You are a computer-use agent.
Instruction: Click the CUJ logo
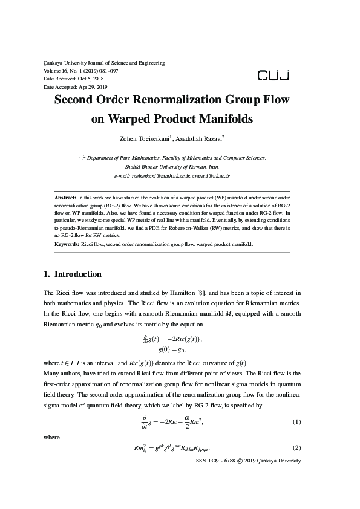click(273, 75)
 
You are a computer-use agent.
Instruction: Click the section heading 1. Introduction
click(72, 274)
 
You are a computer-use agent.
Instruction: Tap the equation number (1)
click(296, 404)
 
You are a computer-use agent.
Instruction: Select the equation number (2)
click(296, 447)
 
